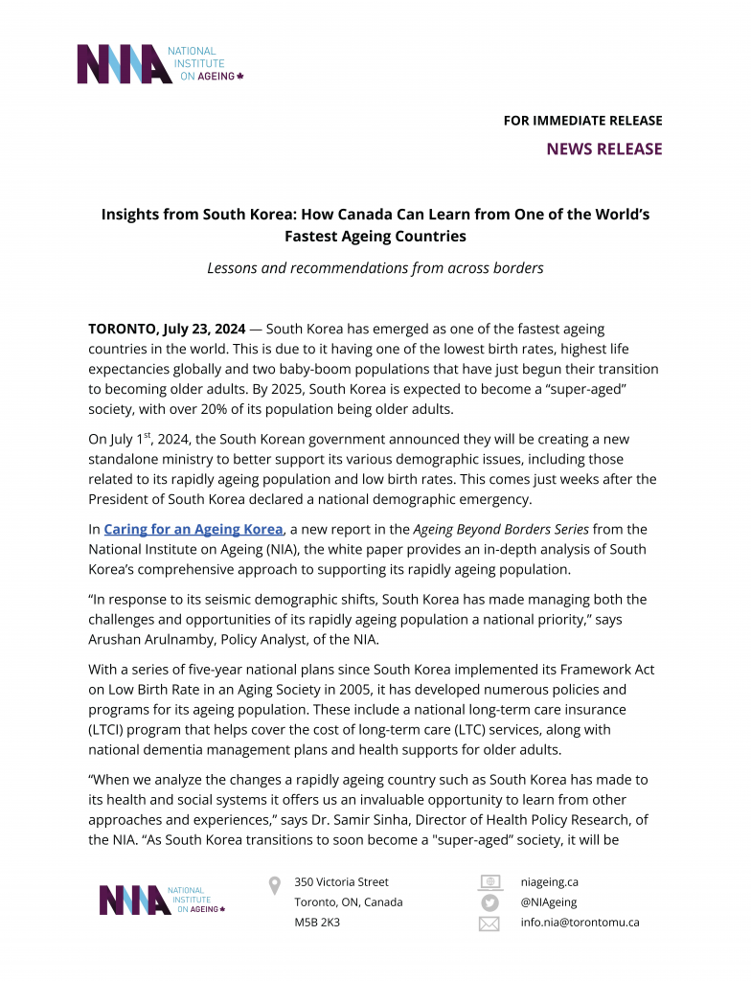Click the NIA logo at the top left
tap(159, 64)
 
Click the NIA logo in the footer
tap(161, 901)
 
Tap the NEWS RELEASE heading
tap(603, 148)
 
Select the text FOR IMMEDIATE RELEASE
tap(582, 121)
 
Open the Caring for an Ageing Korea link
tap(193, 529)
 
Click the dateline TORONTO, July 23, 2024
tap(168, 329)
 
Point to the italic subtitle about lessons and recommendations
tap(375, 268)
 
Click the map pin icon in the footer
tap(275, 886)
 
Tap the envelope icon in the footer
tap(489, 924)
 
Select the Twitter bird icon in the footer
tap(489, 902)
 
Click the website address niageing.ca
tap(549, 881)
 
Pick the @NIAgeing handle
tap(549, 901)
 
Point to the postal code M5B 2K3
tap(317, 923)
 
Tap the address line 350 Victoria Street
tap(342, 881)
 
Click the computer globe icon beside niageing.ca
tap(489, 881)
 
